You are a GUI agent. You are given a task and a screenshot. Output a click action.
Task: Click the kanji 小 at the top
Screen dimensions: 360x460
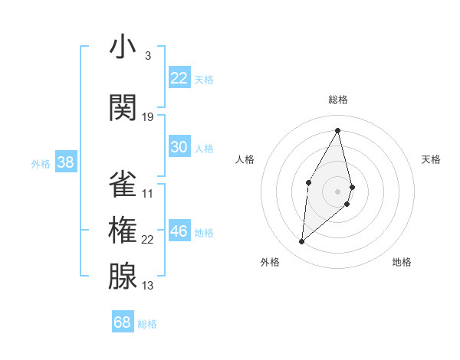coord(123,47)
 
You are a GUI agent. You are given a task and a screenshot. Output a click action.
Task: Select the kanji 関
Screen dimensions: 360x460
coord(123,108)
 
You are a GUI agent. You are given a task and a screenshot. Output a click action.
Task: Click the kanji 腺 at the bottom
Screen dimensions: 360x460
coord(123,278)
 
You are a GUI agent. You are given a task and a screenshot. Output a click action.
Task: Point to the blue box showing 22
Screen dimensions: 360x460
coord(179,78)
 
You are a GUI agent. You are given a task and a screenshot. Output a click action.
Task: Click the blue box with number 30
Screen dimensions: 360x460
coord(179,147)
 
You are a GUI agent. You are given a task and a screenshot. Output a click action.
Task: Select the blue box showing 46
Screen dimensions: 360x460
coord(179,231)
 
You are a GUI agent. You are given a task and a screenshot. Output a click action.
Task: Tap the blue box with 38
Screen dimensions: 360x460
coord(65,162)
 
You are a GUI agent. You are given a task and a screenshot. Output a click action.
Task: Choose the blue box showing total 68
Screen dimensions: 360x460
coord(123,322)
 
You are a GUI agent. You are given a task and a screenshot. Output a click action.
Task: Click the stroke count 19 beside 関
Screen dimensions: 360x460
coord(148,117)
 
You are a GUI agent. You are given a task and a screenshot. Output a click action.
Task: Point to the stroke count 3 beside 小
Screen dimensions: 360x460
coord(148,56)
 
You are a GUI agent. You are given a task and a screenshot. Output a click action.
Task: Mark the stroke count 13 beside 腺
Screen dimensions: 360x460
coord(148,286)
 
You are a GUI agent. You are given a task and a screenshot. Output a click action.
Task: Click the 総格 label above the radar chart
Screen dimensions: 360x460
coord(338,100)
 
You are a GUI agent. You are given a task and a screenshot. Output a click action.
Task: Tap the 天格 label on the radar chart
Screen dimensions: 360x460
coord(432,159)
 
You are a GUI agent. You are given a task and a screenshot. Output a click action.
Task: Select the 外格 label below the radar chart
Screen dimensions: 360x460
coord(270,263)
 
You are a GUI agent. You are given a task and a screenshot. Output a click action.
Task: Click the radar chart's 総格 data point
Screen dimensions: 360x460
coord(338,130)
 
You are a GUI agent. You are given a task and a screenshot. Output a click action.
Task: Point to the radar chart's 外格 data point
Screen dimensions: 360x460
coord(302,242)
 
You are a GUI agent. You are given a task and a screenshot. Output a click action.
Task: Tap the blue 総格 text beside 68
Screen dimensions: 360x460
coord(147,324)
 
